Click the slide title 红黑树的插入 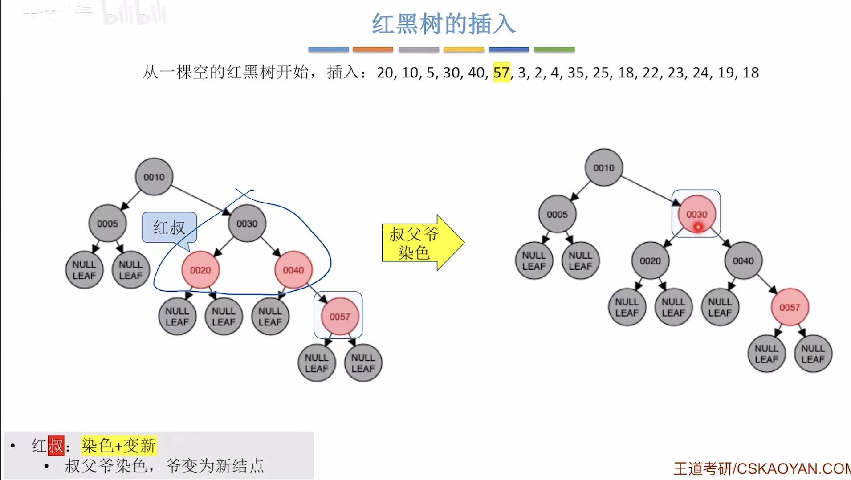pos(444,24)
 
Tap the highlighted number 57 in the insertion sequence pos(501,73)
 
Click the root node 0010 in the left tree pos(154,177)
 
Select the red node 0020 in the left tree pos(200,270)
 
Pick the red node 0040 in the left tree pos(293,270)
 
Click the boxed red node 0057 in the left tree pos(339,316)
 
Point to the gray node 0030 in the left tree pos(247,223)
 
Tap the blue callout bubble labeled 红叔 pos(169,228)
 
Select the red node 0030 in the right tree pos(696,214)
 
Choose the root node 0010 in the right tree pos(603,167)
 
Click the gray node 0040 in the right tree pos(743,260)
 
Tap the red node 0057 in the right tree pos(790,307)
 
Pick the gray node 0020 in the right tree pos(650,260)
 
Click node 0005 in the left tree pos(107,223)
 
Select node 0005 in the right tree pos(557,214)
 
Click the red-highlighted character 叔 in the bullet pos(56,445)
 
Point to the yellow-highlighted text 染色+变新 pos(119,445)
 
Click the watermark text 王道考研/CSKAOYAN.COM pos(761,468)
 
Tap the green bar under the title pos(554,49)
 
